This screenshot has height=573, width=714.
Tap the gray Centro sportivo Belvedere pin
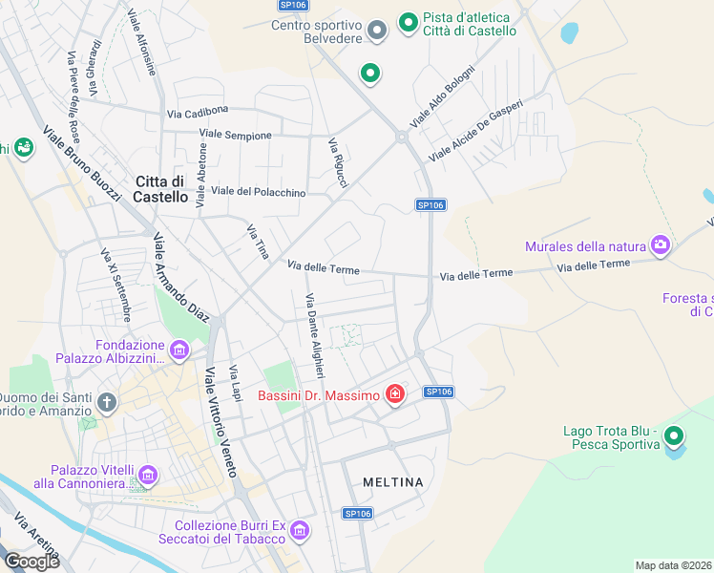(377, 32)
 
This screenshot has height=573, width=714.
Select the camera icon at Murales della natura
(660, 246)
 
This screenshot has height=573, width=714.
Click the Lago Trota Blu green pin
(674, 437)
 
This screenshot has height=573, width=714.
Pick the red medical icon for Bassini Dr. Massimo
(394, 394)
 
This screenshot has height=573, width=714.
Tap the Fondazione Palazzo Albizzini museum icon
(178, 352)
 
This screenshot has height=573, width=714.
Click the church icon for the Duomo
(106, 402)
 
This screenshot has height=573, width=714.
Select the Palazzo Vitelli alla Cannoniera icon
(147, 475)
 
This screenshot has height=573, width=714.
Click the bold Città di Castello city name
(161, 189)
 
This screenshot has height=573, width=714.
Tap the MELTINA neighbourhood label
(393, 482)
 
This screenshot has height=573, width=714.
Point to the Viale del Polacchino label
(258, 192)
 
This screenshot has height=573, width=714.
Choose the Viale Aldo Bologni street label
(441, 96)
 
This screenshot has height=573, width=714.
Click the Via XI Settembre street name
(115, 286)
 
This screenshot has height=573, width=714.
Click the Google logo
(32, 561)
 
